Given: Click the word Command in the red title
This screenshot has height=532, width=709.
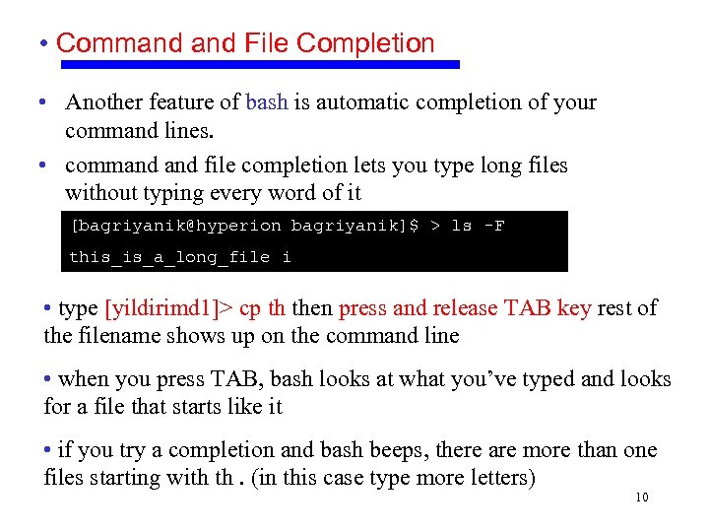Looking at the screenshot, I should (107, 43).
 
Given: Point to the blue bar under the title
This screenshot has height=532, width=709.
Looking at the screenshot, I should (260, 64).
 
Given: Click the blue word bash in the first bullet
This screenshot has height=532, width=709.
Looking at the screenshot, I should (266, 102).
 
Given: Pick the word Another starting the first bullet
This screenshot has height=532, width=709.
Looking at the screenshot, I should (103, 102).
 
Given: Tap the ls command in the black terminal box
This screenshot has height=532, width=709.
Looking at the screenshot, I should (461, 226).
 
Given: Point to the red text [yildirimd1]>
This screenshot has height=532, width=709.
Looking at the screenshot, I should (169, 308).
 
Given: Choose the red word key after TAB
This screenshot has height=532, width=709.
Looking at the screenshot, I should (574, 308).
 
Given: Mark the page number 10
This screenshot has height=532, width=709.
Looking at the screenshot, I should (641, 498).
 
